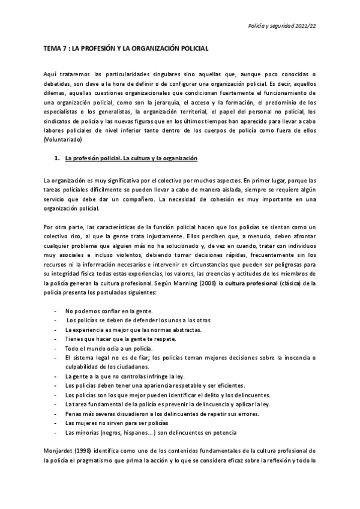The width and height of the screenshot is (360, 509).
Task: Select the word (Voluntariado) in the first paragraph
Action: tap(63, 139)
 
